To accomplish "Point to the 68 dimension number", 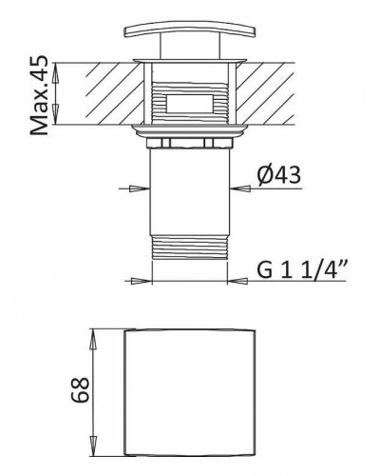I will (80, 389).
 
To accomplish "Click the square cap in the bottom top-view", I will (191, 390).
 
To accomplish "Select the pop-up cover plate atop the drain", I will (191, 32).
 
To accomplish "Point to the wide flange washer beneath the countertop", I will (191, 128).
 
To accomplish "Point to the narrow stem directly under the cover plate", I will (191, 50).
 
